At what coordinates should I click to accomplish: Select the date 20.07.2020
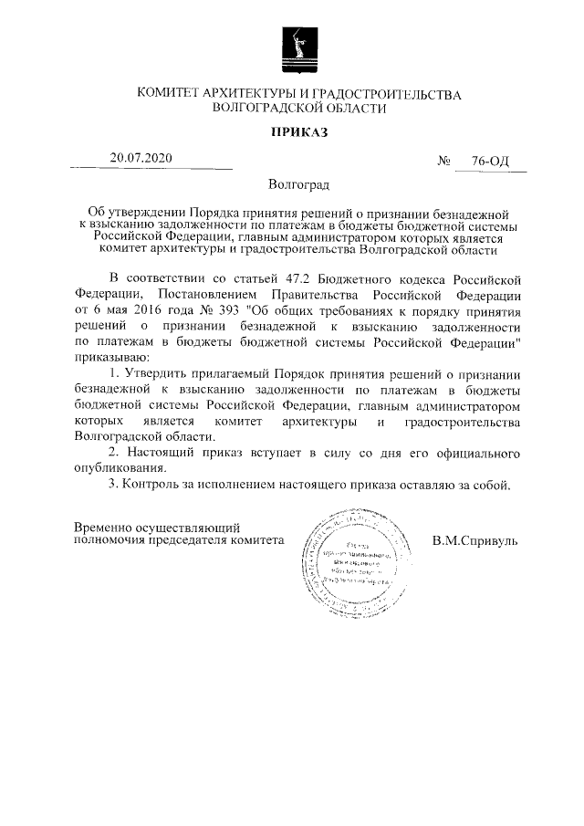(x=141, y=158)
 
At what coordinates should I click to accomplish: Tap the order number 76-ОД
(x=490, y=162)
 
